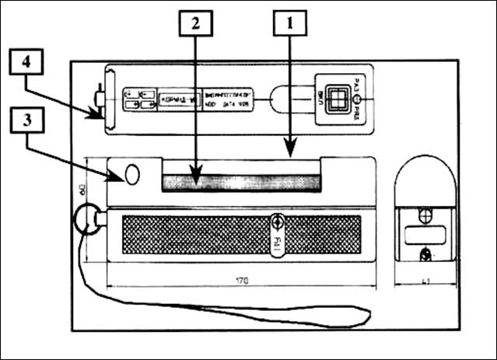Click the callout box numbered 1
tap(289, 25)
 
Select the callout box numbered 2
tap(194, 25)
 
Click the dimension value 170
tap(242, 280)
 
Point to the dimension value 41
tap(425, 280)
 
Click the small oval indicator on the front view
tap(132, 175)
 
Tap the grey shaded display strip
tap(240, 183)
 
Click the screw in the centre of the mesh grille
tap(276, 223)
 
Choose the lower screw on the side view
tap(424, 253)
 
